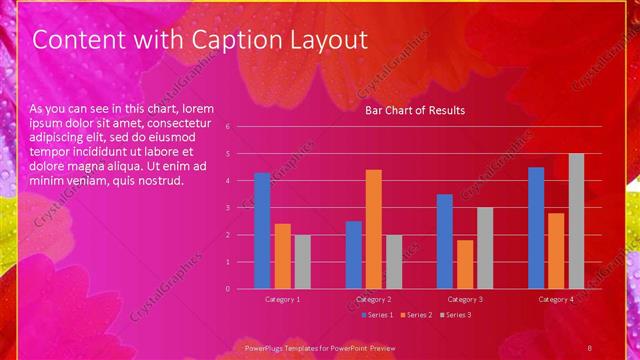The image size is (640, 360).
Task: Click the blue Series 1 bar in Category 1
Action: [x=262, y=231]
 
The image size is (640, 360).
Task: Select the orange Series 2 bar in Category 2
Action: [x=373, y=229]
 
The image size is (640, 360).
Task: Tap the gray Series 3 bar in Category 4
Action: [x=576, y=221]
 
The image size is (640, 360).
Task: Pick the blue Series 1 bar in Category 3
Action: [x=445, y=241]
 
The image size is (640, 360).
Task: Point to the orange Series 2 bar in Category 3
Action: [x=465, y=264]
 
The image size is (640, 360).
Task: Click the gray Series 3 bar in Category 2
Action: [x=393, y=262]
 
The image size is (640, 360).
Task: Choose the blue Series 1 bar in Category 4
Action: [x=536, y=228]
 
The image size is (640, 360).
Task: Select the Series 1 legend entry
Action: [x=376, y=315]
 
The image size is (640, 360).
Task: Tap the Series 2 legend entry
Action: [x=415, y=315]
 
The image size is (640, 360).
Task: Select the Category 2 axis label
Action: [x=373, y=299]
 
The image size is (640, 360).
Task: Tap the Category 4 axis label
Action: [x=556, y=299]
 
